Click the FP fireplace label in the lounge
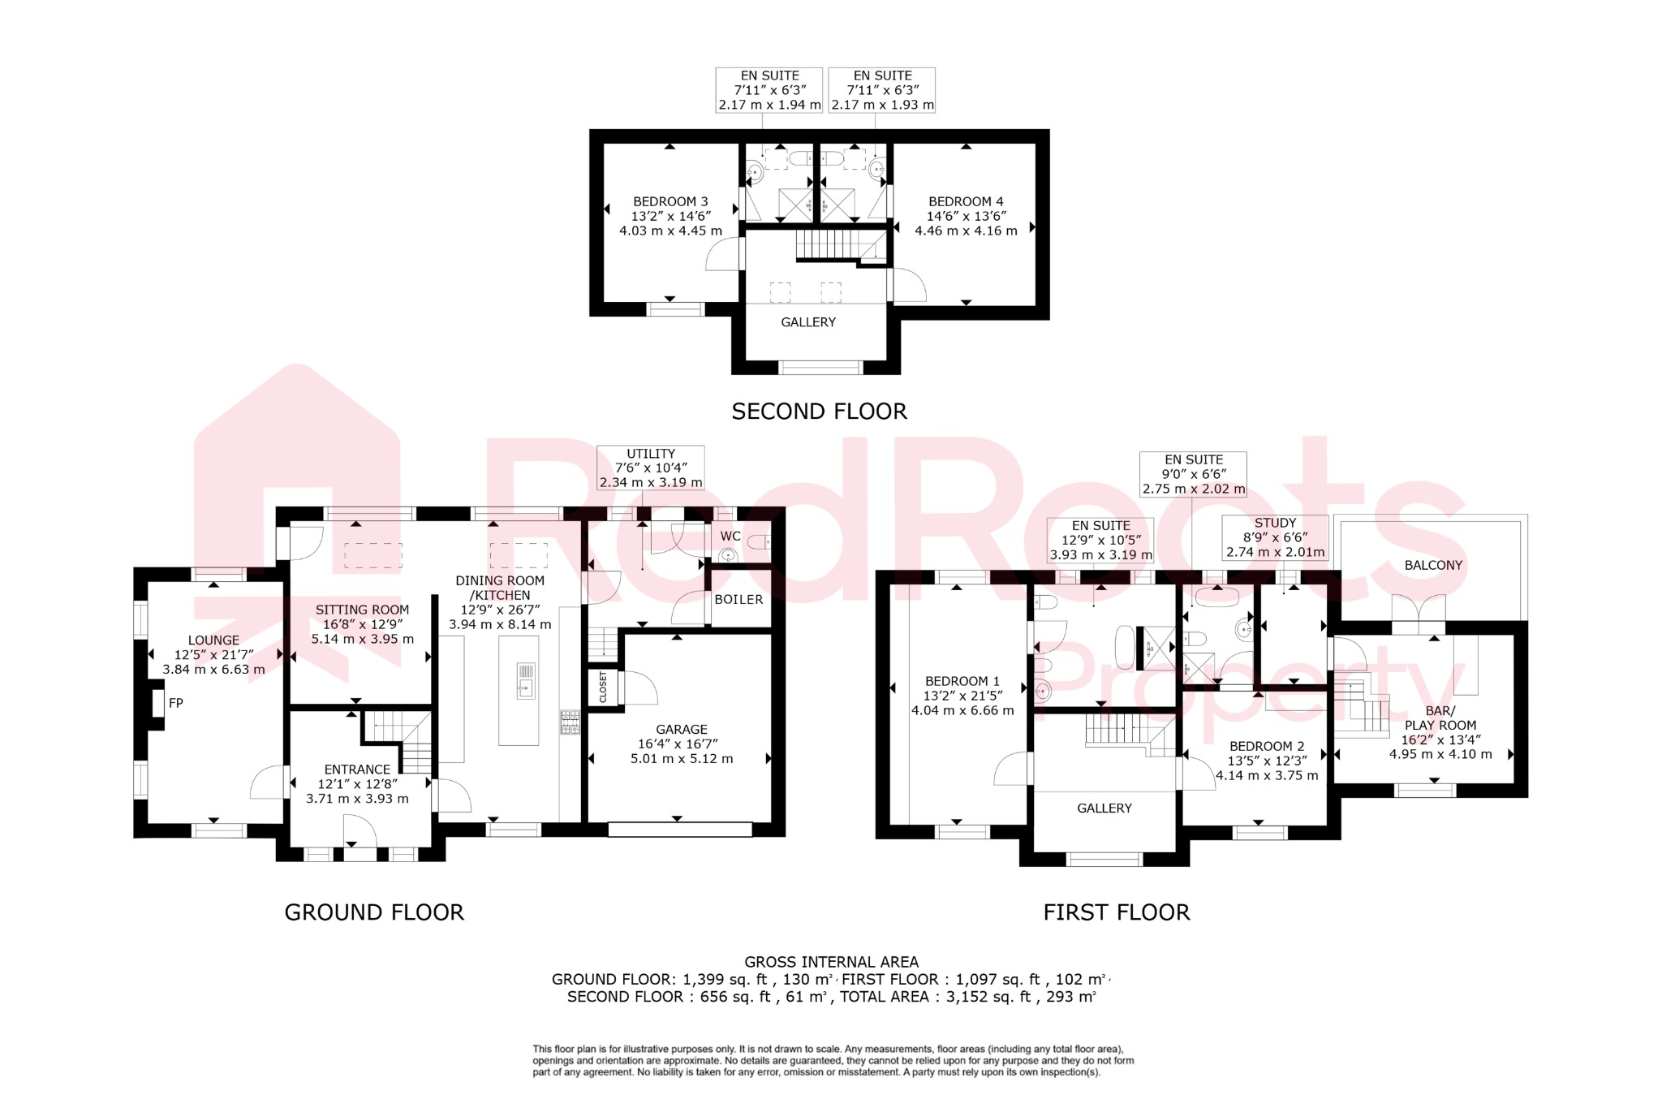(175, 703)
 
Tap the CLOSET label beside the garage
(603, 688)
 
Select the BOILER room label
(738, 599)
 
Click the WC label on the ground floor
(730, 536)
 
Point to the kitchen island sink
(525, 680)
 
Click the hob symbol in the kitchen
(570, 722)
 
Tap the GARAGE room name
(682, 729)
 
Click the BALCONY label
(1433, 565)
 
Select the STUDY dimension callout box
(1275, 537)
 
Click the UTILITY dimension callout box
(651, 468)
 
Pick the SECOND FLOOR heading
(819, 412)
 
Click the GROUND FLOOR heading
(374, 912)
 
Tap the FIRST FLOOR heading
(1116, 912)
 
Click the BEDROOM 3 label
(670, 201)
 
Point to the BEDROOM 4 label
(966, 201)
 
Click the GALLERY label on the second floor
(808, 322)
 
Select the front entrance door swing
(360, 831)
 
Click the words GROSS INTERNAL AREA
(831, 962)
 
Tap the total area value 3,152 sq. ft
(983, 997)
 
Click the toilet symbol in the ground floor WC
(760, 541)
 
